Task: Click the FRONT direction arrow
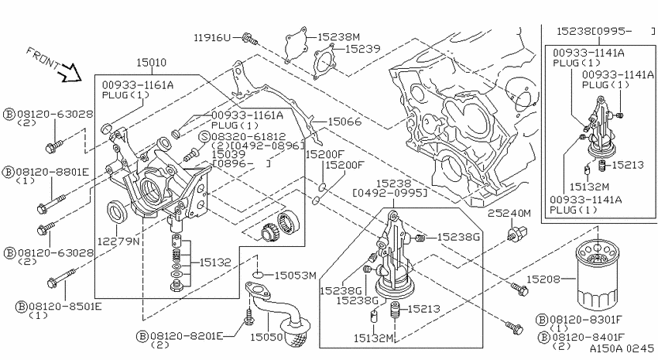click(70, 73)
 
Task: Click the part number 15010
click(151, 63)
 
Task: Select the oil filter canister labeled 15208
click(598, 274)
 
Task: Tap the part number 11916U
click(212, 38)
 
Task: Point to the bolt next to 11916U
click(250, 39)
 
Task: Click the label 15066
click(344, 122)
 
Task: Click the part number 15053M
click(296, 276)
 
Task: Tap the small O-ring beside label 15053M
click(258, 275)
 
